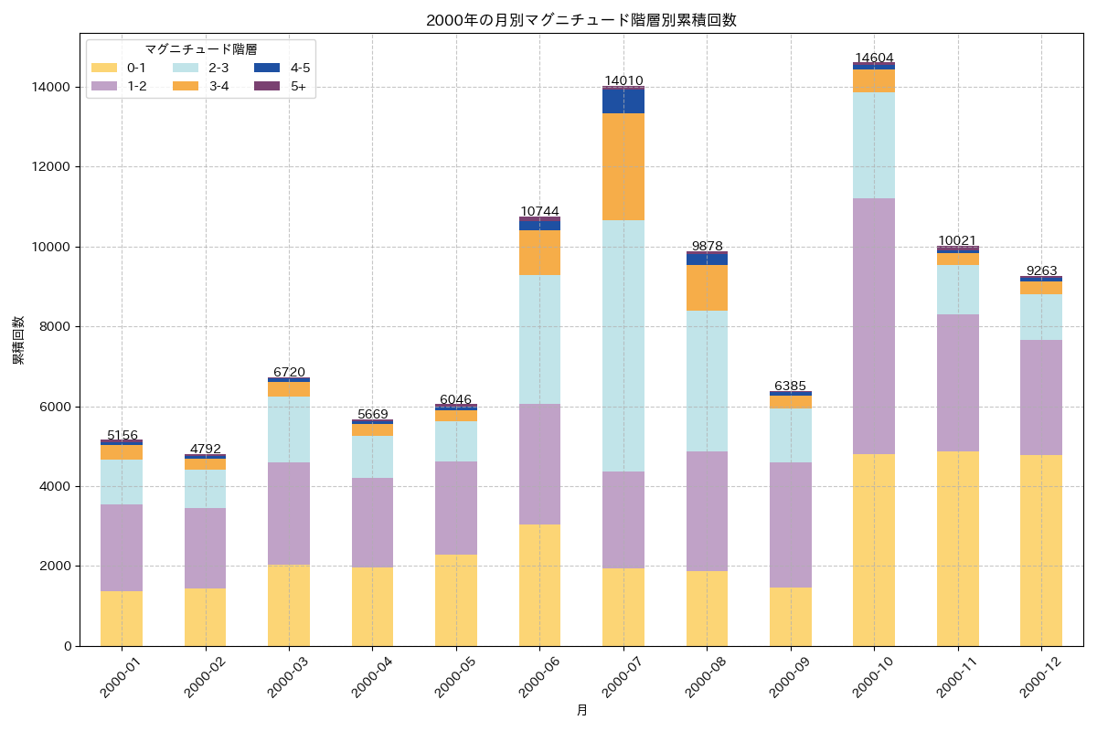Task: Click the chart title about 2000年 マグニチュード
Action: tap(580, 20)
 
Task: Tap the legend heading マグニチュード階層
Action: tap(200, 49)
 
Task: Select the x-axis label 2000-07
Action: tap(622, 677)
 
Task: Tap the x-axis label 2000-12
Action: tap(1039, 677)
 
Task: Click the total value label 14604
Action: tap(874, 58)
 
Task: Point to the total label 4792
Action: tap(205, 449)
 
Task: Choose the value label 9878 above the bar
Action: tap(707, 246)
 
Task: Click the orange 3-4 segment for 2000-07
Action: tap(623, 166)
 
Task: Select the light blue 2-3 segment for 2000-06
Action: tap(539, 339)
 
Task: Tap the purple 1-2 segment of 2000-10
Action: tap(874, 325)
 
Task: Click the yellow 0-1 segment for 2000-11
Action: tap(957, 548)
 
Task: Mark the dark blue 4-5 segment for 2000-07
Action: tap(623, 101)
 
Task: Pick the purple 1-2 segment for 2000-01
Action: tap(122, 547)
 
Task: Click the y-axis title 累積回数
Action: tap(18, 341)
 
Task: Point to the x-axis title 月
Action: tap(581, 710)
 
